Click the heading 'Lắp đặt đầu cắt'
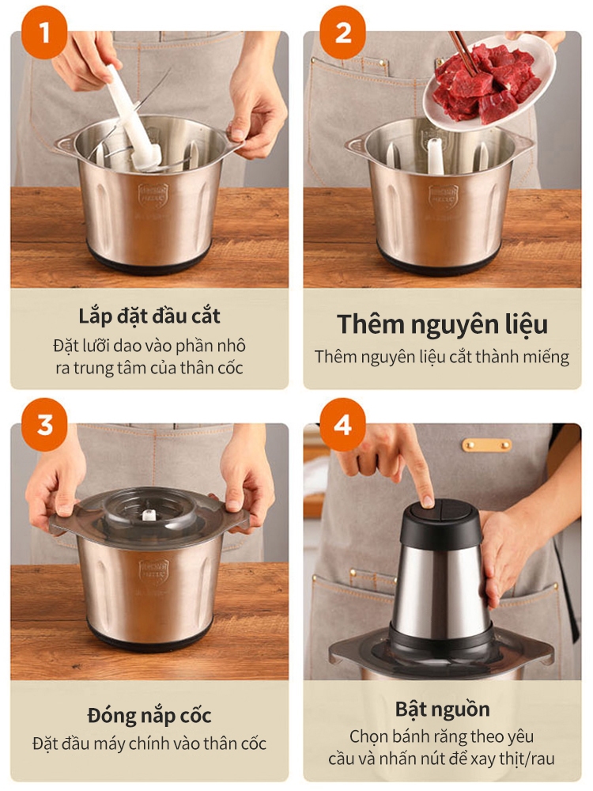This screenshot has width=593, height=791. (149, 316)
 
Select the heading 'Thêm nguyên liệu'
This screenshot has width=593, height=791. (442, 324)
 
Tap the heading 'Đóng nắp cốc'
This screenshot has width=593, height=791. (149, 716)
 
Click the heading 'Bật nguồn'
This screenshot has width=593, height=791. (442, 710)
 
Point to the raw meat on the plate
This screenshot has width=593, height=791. (486, 83)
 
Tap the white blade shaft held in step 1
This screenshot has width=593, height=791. (133, 118)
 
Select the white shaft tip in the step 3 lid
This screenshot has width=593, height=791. (148, 515)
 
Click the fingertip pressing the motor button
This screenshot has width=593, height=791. (427, 501)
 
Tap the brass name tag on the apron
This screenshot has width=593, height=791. (486, 445)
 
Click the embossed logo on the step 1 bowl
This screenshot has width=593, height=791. (153, 195)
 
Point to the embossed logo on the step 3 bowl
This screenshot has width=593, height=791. (153, 571)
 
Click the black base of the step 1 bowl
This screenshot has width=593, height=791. (149, 257)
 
